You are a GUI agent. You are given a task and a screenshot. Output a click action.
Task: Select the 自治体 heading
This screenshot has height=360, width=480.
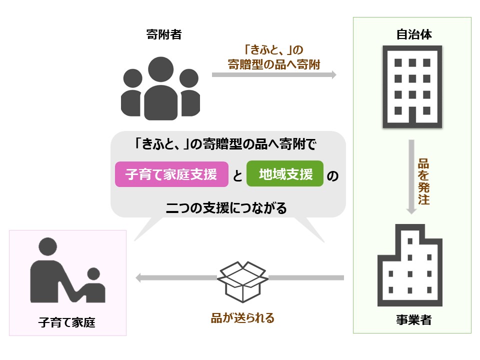[x=413, y=35]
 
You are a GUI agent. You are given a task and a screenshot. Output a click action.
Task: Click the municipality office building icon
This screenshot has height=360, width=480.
[x=412, y=86]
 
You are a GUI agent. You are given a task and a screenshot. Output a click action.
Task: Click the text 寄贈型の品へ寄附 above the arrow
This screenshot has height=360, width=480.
[x=274, y=64]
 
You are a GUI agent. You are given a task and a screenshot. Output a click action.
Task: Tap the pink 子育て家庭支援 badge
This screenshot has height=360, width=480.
[x=171, y=174]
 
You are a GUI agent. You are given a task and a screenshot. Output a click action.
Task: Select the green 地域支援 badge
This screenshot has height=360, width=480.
[x=285, y=174]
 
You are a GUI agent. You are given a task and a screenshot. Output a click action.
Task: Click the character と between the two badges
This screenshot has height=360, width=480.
[x=237, y=175]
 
